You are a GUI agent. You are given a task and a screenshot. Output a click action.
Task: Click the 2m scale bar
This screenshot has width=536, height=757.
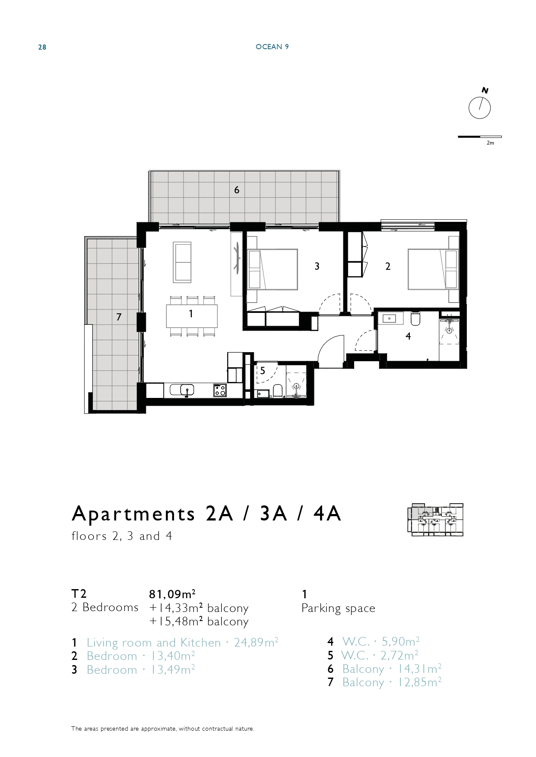pos(479,137)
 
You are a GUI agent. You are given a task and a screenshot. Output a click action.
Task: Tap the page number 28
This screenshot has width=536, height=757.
pos(42,47)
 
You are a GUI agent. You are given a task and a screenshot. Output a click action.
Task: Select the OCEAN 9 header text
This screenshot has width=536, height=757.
pos(272,47)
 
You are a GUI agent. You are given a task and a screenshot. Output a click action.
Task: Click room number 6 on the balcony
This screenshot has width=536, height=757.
pos(237,190)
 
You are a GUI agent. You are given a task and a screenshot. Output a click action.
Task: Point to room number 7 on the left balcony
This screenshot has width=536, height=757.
pos(119,317)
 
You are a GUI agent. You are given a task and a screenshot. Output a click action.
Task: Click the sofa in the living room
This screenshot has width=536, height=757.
pos(182,262)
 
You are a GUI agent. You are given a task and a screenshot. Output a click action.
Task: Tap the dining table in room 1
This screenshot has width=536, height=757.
pos(192,316)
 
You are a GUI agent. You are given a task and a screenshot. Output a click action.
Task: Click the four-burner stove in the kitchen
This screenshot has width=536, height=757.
pos(220,390)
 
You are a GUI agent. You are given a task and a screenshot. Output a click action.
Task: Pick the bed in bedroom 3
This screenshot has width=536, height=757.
pos(272,269)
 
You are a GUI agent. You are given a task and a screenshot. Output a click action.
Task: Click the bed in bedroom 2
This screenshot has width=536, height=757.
pos(433,269)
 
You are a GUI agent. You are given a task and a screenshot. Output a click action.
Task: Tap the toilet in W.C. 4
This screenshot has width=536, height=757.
pos(415,319)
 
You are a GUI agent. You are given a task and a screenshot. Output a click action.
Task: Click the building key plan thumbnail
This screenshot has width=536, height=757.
pos(435,520)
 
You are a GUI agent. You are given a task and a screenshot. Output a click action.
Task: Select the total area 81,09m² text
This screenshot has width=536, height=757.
pos(172,594)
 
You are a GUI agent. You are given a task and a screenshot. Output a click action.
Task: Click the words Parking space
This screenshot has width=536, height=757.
pos(338,609)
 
